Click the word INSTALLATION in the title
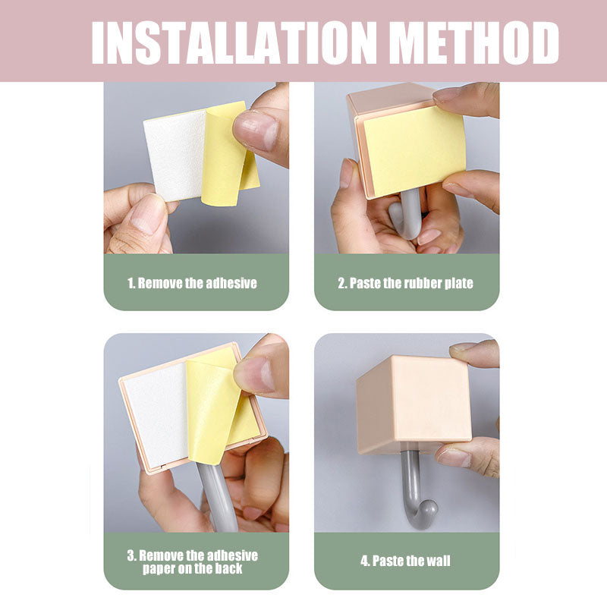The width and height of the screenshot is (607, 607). point(234,42)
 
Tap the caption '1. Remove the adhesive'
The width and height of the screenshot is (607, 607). point(192,283)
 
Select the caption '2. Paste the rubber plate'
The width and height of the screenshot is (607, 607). point(405,283)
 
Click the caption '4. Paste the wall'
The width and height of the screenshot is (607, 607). point(405,561)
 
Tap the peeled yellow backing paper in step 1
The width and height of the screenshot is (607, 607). point(229,155)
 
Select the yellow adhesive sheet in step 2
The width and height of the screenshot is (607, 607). point(415,151)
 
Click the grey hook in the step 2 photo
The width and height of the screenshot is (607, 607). point(407,215)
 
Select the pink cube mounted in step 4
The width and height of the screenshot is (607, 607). point(414,404)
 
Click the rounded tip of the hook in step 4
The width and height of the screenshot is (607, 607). point(428,508)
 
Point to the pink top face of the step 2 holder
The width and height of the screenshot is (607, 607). point(391,99)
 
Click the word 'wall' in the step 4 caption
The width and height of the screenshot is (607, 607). point(437,561)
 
